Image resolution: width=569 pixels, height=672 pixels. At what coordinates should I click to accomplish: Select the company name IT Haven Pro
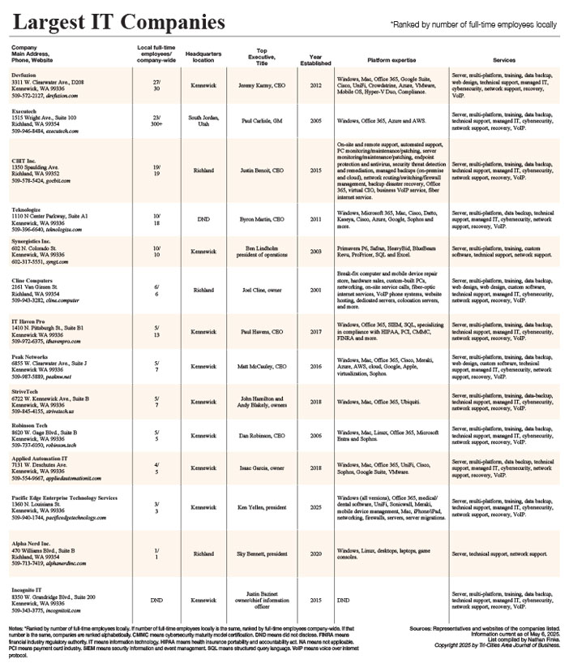(x=28, y=321)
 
